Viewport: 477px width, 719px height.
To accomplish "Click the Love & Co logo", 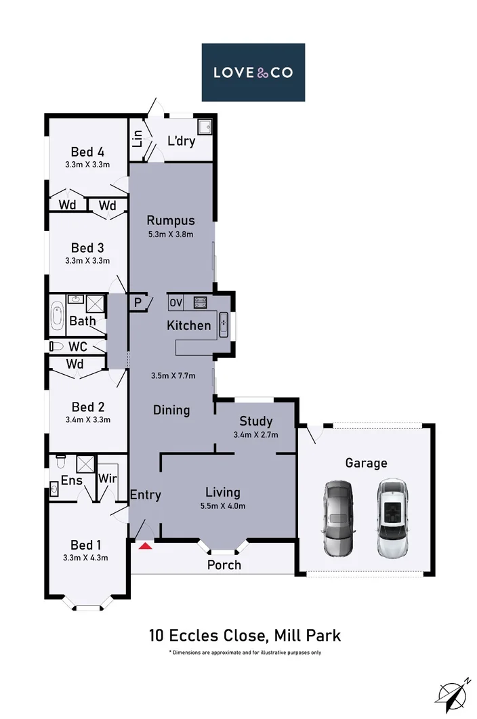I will click(x=253, y=72).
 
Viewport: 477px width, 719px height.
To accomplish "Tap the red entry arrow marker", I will click(x=144, y=544).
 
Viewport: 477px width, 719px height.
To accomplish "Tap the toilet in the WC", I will click(x=56, y=346).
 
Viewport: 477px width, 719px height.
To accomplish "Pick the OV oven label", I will click(x=176, y=303).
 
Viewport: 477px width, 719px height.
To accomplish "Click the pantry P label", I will click(x=138, y=303).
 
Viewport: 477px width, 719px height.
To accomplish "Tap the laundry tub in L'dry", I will click(x=205, y=126).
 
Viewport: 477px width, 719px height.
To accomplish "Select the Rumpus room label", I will click(x=171, y=220).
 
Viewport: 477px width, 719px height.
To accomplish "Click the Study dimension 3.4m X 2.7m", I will click(x=255, y=435).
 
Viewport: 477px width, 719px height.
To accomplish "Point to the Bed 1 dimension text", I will click(x=86, y=558).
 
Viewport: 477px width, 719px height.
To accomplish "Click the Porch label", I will click(x=224, y=564).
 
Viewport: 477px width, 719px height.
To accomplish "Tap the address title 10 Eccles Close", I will click(x=245, y=636).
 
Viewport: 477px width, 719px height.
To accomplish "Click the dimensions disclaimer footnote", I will click(x=245, y=653).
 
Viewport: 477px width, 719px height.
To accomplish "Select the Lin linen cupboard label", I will click(x=138, y=139).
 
